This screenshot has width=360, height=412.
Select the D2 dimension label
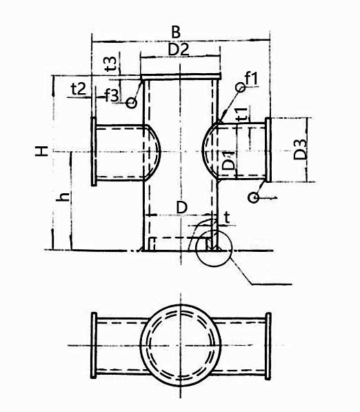179,49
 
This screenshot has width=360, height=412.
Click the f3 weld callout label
112,95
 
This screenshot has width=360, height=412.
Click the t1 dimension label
241,115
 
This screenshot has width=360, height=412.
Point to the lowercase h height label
63,197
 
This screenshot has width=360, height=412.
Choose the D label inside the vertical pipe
181,207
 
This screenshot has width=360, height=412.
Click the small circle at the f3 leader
132,102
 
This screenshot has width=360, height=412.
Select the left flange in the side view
92,151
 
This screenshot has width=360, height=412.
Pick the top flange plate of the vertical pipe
180,77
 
